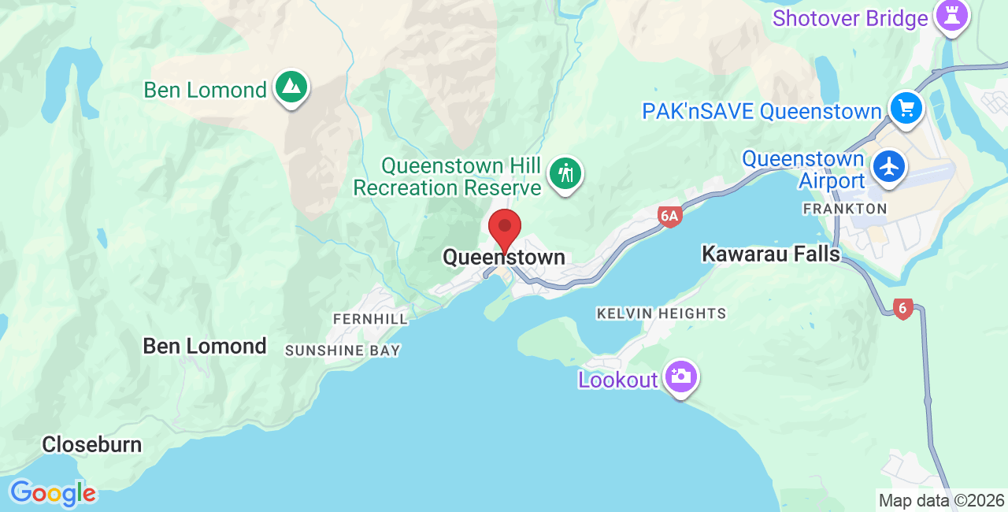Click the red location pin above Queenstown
505,228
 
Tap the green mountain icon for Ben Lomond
291,86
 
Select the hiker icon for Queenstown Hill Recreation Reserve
565,173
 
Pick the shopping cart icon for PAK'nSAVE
906,108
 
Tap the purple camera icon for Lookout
680,377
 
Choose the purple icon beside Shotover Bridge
951,16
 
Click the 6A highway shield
669,217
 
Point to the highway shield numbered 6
903,309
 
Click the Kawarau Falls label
771,254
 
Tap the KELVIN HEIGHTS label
661,314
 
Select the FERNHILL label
370,319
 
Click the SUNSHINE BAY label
343,351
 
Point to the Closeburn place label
92,444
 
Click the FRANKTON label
844,209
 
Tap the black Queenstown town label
504,258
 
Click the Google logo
53,494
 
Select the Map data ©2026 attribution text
941,500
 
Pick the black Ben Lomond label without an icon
205,346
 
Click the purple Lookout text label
618,380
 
